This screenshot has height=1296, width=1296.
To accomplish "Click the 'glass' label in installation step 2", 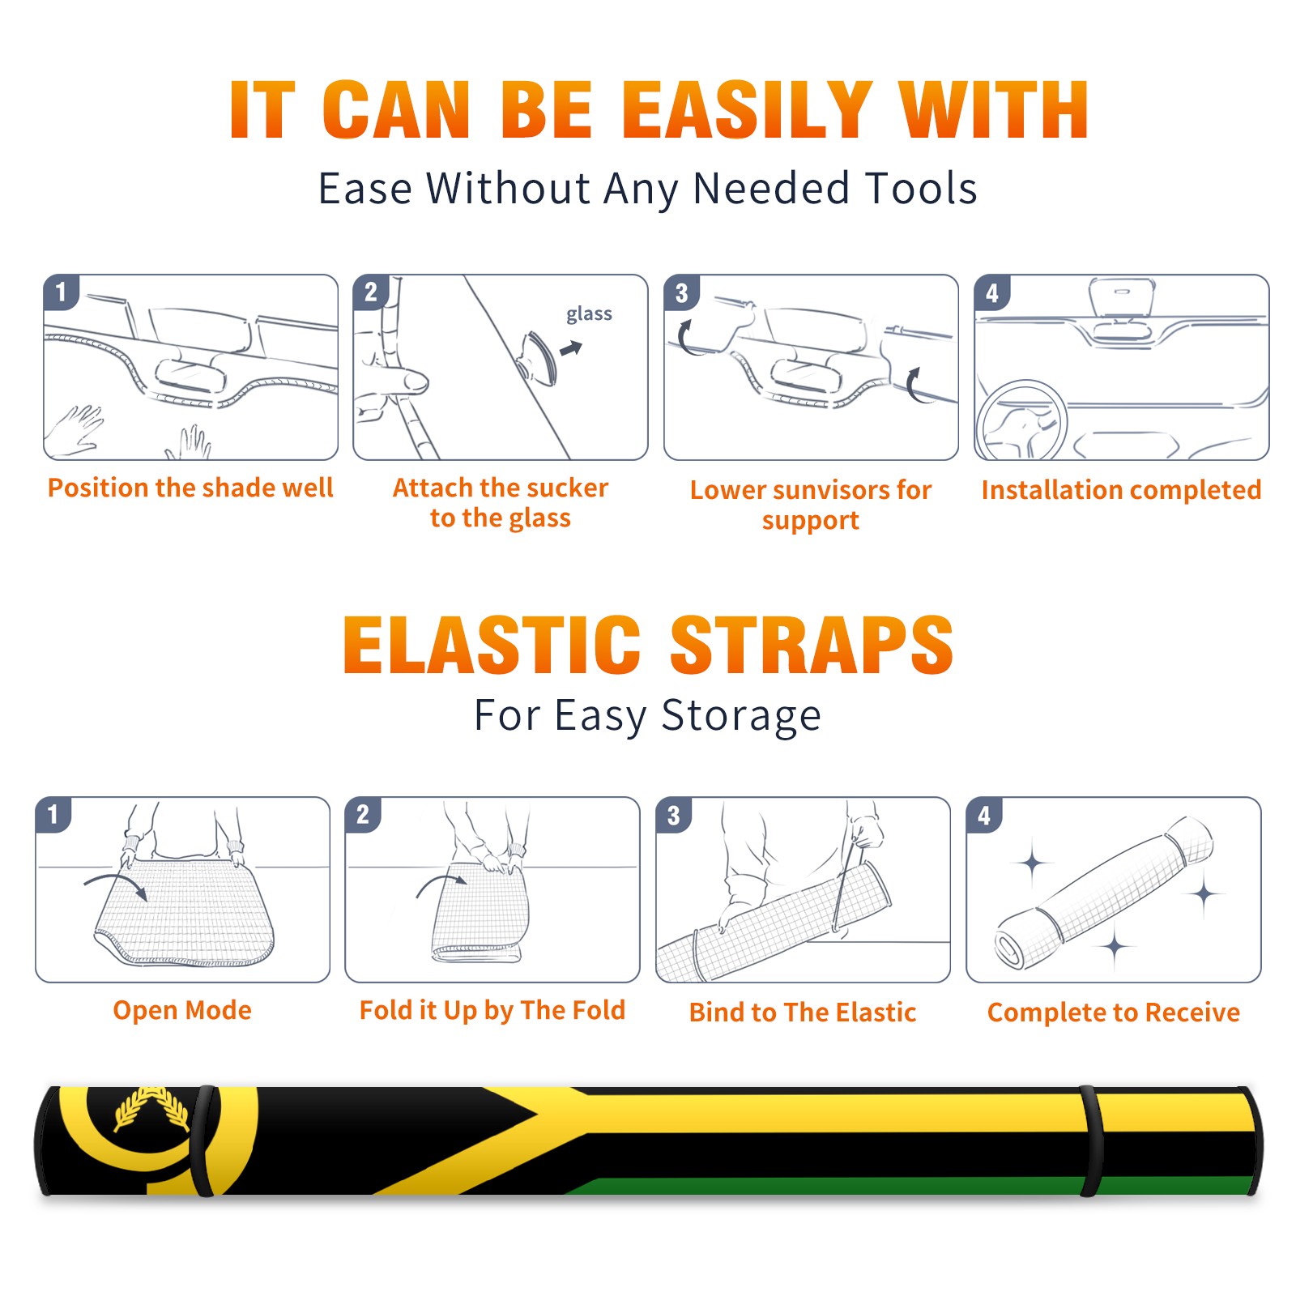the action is (589, 314).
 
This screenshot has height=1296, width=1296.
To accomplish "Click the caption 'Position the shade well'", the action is (190, 488).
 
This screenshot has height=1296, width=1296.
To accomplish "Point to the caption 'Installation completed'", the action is (1121, 489).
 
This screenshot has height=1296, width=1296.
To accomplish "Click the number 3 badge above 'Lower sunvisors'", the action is (681, 292).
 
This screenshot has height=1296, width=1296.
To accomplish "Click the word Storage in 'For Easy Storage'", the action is (741, 716).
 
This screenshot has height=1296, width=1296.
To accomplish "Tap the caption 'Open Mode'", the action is (182, 1010).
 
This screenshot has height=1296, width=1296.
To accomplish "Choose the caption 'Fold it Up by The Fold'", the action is (492, 1011).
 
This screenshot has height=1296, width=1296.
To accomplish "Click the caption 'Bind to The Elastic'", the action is (803, 1013).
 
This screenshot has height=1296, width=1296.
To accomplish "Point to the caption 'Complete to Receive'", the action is (1114, 1013).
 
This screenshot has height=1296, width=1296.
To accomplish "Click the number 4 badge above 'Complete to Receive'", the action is (984, 815).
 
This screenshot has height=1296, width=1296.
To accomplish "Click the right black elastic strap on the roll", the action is (1091, 1141).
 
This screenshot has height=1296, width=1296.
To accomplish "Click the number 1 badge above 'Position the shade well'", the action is (61, 292).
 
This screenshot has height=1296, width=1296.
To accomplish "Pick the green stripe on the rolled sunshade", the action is (907, 1186).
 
